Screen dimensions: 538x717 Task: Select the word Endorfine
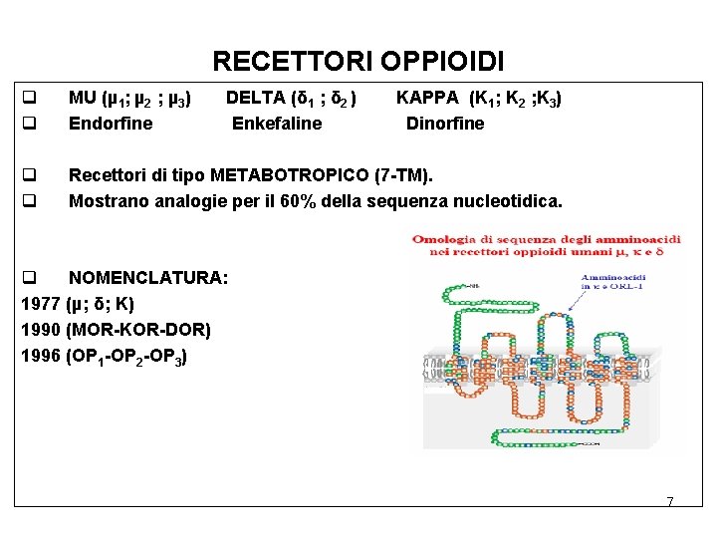tap(111, 124)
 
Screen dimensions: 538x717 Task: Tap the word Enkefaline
tap(277, 124)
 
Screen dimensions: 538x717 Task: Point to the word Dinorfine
tap(445, 124)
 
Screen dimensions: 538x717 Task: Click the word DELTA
tap(256, 99)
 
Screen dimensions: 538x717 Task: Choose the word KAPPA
tap(428, 99)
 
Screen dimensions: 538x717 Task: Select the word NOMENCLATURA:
tap(148, 278)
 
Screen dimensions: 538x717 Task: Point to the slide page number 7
tap(670, 501)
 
